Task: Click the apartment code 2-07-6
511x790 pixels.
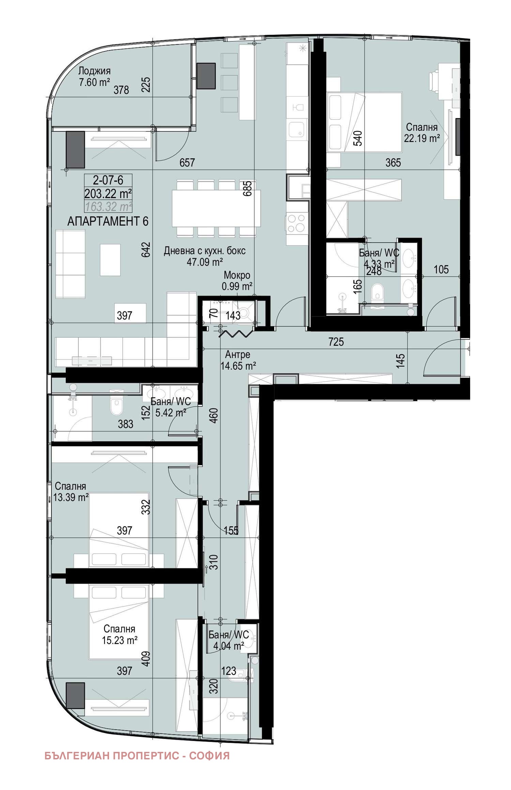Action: [x=108, y=180]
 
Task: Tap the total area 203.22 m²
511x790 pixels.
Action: [x=108, y=194]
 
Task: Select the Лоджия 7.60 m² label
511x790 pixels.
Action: [x=94, y=77]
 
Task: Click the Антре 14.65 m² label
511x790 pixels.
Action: [x=238, y=360]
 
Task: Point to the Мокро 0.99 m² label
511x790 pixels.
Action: [x=237, y=281]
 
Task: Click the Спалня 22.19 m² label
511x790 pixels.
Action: [x=422, y=133]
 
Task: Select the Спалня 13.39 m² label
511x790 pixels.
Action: [x=71, y=491]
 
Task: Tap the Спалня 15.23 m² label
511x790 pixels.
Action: [x=120, y=634]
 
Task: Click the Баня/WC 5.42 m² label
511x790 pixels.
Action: [x=170, y=407]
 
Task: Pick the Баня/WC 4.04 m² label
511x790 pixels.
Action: [x=228, y=640]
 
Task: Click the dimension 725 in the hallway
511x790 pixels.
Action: [x=336, y=342]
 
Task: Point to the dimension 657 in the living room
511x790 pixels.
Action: [x=187, y=163]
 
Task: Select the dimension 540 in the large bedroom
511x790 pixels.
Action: [x=358, y=138]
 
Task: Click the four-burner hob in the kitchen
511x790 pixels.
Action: [x=296, y=223]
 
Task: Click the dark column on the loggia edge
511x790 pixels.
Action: [x=206, y=76]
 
